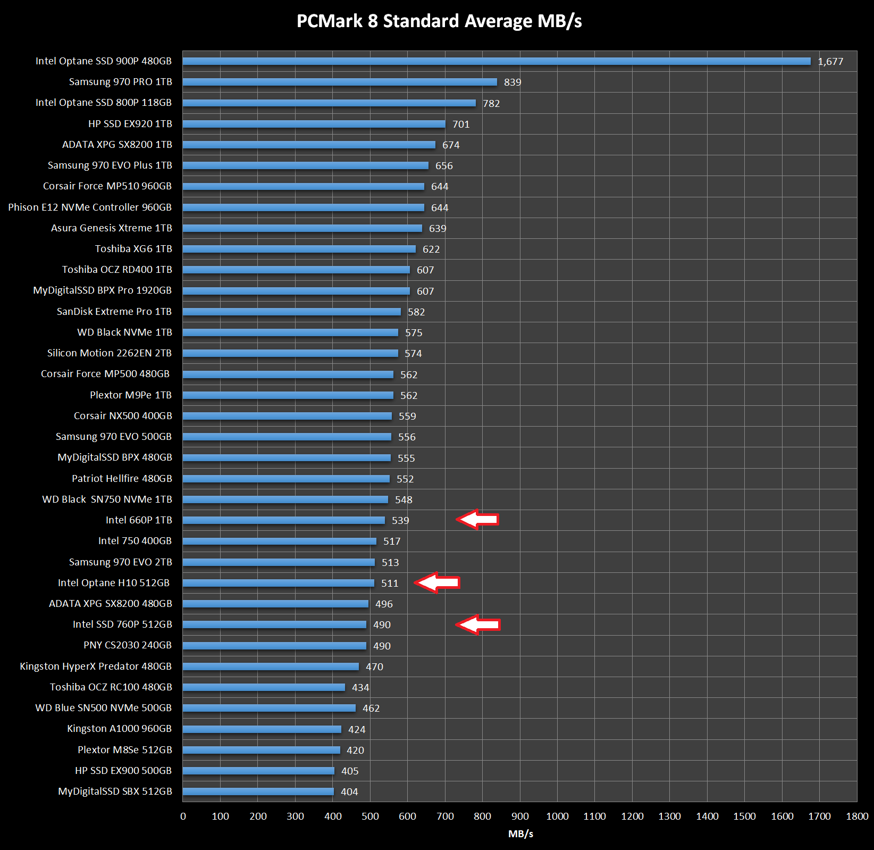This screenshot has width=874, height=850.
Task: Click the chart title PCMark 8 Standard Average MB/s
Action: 439,21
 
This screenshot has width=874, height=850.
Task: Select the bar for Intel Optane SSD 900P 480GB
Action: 497,61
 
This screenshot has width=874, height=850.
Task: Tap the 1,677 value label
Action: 830,62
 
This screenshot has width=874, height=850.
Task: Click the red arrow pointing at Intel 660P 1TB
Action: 477,519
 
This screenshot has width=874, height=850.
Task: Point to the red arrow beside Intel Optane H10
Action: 437,582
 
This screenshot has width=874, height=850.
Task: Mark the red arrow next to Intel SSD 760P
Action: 478,624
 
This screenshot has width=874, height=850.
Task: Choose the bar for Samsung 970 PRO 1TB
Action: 340,82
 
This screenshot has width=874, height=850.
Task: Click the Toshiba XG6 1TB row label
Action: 133,249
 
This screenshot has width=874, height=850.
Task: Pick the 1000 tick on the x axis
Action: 557,816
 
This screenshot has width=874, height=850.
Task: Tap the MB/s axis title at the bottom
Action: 520,834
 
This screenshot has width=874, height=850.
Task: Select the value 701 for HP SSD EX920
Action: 461,124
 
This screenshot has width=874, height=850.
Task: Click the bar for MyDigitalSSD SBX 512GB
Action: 258,791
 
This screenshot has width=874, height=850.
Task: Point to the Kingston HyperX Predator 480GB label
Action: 96,666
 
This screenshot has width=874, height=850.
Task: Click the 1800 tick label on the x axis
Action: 857,816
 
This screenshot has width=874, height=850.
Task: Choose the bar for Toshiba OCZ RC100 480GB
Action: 264,687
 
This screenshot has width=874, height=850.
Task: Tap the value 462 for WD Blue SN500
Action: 371,709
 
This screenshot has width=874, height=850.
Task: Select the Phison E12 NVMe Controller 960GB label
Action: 90,207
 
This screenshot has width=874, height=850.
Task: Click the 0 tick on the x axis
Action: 183,816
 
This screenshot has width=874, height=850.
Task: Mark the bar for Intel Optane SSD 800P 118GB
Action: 329,103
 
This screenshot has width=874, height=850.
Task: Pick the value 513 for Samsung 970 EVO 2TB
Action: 390,563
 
